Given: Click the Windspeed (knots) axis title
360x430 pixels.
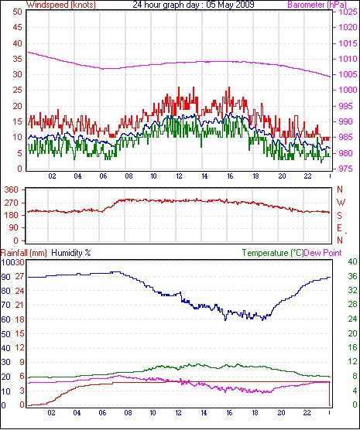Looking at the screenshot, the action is [61, 5].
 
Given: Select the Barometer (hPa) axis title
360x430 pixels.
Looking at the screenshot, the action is [317, 5].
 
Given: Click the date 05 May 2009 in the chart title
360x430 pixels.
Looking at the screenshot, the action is [228, 5].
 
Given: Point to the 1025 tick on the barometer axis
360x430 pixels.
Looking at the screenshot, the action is [348, 12].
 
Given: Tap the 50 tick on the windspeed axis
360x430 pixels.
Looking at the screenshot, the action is [17, 12].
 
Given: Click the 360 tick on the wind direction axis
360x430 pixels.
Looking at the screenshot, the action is [12, 189].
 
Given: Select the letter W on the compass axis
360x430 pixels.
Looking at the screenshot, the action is [341, 203].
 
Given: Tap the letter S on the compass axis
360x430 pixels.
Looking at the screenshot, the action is [339, 216].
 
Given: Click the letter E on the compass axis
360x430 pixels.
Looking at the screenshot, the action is [339, 228].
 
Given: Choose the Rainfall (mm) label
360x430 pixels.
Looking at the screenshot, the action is [24, 253].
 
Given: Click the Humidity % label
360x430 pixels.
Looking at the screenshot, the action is [71, 253].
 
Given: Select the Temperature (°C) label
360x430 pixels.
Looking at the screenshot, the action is [273, 253].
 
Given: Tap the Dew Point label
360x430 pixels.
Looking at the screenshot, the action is [323, 253].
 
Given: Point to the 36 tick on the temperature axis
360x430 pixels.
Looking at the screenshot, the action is [352, 276].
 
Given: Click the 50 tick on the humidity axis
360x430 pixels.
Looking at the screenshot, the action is [5, 334].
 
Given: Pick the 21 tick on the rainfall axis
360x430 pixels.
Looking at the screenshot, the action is [19, 305].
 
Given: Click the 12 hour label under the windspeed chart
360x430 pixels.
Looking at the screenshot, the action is [179, 176].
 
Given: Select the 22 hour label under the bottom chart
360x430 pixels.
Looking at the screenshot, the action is [307, 413].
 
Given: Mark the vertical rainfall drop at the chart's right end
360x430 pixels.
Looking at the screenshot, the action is [330, 394].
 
